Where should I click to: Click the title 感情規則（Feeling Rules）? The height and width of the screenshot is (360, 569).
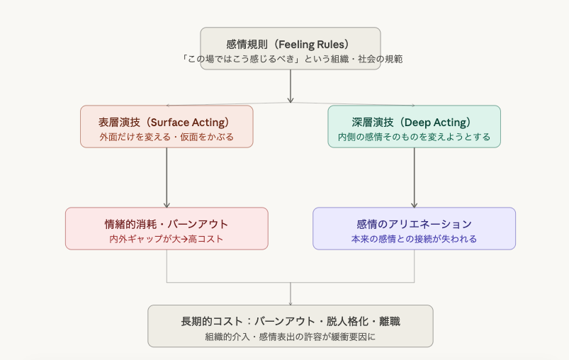291,44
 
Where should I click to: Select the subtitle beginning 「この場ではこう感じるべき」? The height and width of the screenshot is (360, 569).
291,59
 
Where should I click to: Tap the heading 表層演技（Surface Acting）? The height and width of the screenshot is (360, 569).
167,121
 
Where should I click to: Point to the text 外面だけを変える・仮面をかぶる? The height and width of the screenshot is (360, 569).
167,136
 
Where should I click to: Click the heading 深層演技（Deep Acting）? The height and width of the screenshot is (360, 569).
414,121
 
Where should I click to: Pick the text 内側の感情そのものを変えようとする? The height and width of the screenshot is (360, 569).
414,136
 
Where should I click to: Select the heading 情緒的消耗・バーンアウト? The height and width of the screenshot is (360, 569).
167,224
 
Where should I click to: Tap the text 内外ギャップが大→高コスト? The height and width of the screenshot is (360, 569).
167,239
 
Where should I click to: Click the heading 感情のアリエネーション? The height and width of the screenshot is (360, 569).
414,224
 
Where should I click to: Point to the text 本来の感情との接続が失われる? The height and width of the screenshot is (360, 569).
414,239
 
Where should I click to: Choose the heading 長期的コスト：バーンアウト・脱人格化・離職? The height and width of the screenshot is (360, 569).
291,321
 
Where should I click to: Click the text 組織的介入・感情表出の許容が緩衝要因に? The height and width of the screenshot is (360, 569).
291,337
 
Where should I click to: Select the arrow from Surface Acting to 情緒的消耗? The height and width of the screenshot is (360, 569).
167,177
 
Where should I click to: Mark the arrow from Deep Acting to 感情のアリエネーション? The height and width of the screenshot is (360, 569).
414,177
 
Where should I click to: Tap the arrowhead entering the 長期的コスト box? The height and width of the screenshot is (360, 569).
291,303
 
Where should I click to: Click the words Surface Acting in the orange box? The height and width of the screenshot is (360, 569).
191,121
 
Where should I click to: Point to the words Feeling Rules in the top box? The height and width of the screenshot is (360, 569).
313,44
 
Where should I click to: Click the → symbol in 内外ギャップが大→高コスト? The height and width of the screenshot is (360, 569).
184,239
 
